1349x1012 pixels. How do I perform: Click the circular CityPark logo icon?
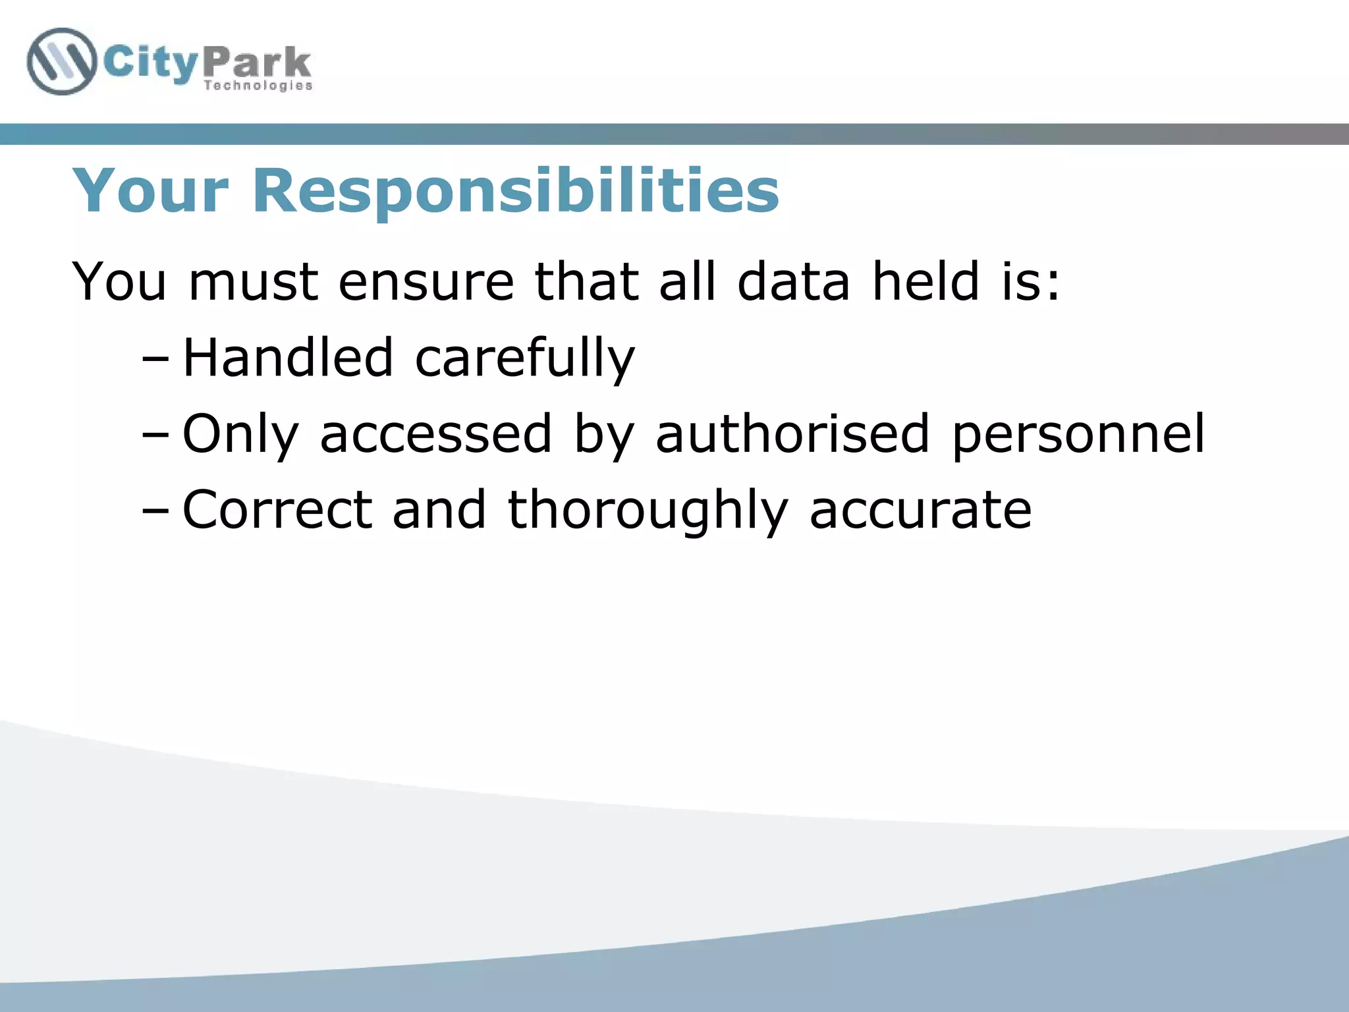pyautogui.click(x=61, y=62)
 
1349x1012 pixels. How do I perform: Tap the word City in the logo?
pyautogui.click(x=150, y=65)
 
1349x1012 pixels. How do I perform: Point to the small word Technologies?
pyautogui.click(x=258, y=86)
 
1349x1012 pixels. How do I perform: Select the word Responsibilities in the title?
pyautogui.click(x=516, y=192)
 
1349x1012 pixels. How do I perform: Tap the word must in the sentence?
pyautogui.click(x=254, y=282)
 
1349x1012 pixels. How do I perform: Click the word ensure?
pyautogui.click(x=426, y=282)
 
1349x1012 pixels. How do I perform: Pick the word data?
pyautogui.click(x=793, y=282)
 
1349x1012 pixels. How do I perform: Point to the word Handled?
pyautogui.click(x=288, y=358)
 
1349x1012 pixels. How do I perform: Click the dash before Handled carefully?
pyautogui.click(x=155, y=360)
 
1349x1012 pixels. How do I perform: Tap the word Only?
pyautogui.click(x=240, y=435)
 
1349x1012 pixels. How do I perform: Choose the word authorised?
pyautogui.click(x=792, y=434)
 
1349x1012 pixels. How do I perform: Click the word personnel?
pyautogui.click(x=1078, y=435)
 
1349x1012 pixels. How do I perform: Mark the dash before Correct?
pyautogui.click(x=155, y=511)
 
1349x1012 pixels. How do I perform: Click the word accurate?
pyautogui.click(x=920, y=511)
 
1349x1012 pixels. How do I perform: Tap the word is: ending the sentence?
pyautogui.click(x=1031, y=282)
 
